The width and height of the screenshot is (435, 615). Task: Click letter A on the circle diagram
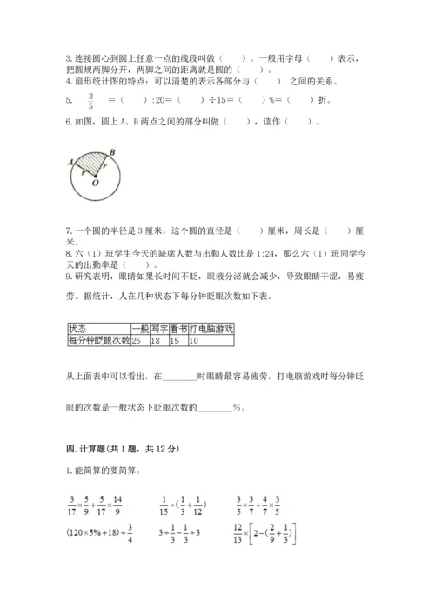tap(68, 161)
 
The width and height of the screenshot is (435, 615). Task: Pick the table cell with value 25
tap(137, 340)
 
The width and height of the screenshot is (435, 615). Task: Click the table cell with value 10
tap(193, 340)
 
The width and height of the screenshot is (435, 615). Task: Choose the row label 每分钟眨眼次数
tap(97, 340)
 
